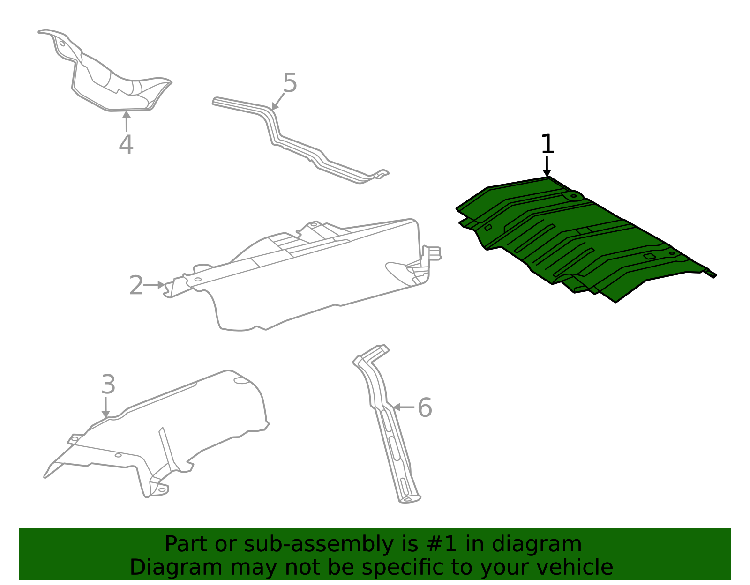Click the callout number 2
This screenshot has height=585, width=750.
click(136, 286)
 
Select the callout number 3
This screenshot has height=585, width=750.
click(108, 385)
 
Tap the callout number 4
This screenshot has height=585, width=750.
click(126, 145)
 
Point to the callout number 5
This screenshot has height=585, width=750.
click(290, 83)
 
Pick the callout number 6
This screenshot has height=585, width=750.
click(424, 407)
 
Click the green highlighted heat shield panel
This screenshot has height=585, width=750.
click(577, 239)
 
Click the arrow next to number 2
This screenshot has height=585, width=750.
click(155, 285)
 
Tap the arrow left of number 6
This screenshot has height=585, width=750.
click(403, 407)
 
